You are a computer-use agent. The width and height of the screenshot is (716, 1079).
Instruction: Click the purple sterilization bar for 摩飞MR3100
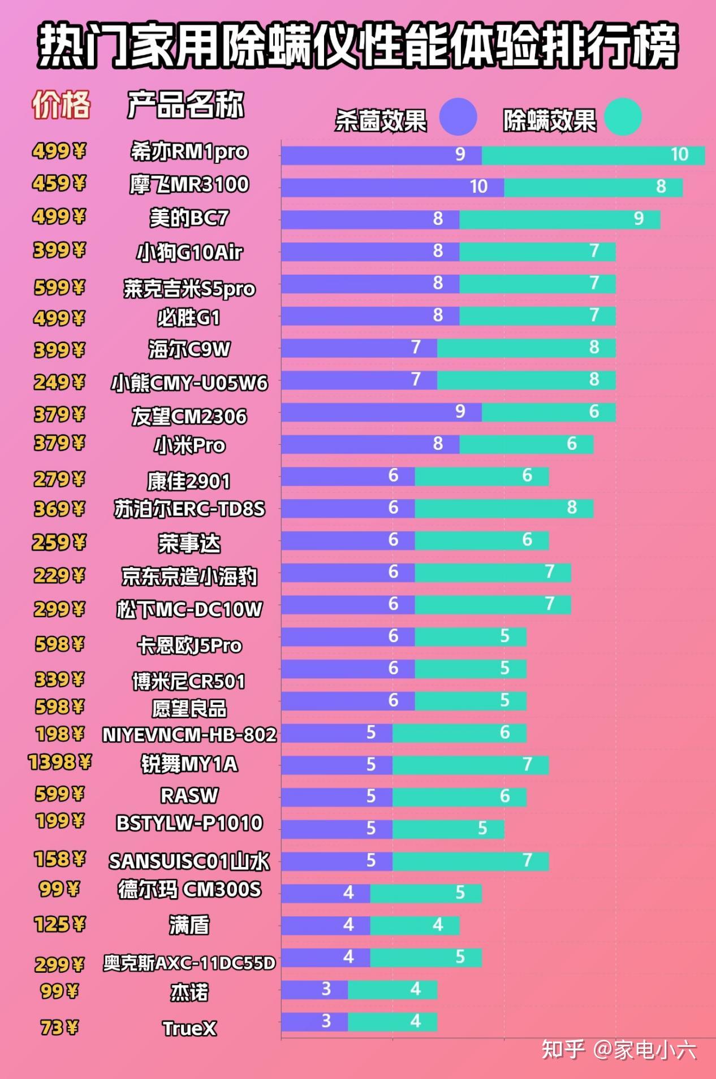[x=392, y=187]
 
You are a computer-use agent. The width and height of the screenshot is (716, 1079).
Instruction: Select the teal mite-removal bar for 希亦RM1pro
[x=593, y=155]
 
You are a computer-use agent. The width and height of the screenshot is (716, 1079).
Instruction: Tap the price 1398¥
[x=59, y=762]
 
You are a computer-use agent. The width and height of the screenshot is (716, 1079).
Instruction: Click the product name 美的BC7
[x=189, y=218]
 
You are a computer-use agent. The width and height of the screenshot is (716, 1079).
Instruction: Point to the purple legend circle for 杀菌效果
[x=458, y=117]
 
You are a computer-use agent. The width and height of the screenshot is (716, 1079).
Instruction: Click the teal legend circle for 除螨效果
[x=623, y=117]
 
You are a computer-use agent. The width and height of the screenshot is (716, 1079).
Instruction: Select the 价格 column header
[x=61, y=105]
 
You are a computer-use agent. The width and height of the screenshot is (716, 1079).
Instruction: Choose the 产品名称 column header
[x=186, y=105]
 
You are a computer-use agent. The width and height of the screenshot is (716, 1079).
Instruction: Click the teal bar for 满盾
[x=415, y=926]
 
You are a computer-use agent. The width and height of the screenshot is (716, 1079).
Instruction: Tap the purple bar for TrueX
[x=314, y=1022]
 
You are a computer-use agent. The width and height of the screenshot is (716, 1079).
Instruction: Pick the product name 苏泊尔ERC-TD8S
[x=189, y=509]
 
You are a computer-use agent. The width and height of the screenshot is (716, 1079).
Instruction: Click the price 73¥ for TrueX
[x=59, y=1027]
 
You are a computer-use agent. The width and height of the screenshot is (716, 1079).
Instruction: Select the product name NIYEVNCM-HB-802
[x=189, y=735]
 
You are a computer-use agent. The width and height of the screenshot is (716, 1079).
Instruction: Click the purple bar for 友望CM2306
[x=382, y=412]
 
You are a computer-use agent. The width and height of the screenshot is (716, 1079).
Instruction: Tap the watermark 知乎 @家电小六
[x=619, y=1050]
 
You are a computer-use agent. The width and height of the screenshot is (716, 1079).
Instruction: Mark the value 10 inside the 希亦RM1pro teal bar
[x=679, y=155]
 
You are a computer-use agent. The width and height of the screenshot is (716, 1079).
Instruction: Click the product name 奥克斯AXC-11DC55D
[x=189, y=963]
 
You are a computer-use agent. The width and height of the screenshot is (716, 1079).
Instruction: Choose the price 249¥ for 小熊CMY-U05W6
[x=59, y=383]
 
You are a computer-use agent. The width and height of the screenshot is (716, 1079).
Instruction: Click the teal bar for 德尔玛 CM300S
[x=426, y=894]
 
